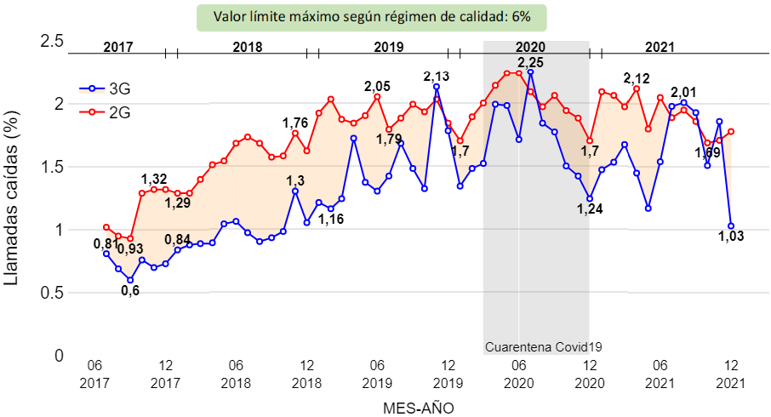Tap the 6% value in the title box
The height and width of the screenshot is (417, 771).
pyautogui.click(x=521, y=18)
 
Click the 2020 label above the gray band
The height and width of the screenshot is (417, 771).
pyautogui.click(x=530, y=48)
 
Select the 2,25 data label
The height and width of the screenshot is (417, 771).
pyautogui.click(x=531, y=62)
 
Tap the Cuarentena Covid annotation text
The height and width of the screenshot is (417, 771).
pyautogui.click(x=537, y=347)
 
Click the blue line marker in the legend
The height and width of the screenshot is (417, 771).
pyautogui.click(x=92, y=89)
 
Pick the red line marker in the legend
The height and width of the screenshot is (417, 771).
pyautogui.click(x=92, y=111)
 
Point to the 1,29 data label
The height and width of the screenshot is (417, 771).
pyautogui.click(x=178, y=203)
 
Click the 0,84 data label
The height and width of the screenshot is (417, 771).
pyautogui.click(x=177, y=239)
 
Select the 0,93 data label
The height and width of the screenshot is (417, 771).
pyautogui.click(x=130, y=249)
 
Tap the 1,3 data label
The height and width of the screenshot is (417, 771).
pyautogui.click(x=295, y=180)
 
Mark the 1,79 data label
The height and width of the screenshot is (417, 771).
pyautogui.click(x=389, y=140)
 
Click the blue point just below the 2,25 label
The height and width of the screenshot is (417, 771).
pyautogui.click(x=530, y=73)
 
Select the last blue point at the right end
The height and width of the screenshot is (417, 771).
pyautogui.click(x=731, y=226)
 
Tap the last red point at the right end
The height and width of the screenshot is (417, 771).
pyautogui.click(x=731, y=131)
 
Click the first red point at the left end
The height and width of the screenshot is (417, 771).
pyautogui.click(x=106, y=227)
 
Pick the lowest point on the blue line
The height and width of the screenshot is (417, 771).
pyautogui.click(x=130, y=279)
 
